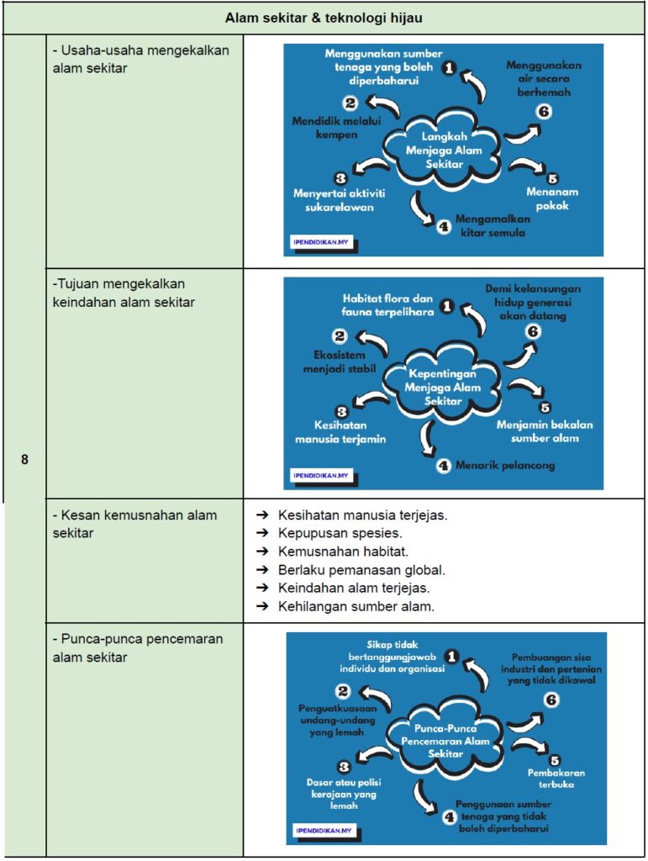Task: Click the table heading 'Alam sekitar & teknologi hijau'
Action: [x=324, y=18]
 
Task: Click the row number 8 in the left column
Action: [x=24, y=459]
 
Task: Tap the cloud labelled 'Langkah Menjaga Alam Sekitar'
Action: [x=443, y=150]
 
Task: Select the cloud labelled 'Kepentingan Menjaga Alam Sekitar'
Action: [x=442, y=387]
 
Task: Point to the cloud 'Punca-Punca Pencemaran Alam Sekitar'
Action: [x=445, y=740]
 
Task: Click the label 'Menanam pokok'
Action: [x=552, y=198]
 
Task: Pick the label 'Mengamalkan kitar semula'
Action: [x=493, y=225]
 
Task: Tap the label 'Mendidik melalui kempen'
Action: [x=336, y=128]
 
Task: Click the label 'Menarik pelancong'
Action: [x=505, y=466]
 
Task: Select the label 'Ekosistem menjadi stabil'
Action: [x=339, y=362]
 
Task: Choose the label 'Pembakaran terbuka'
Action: [x=556, y=779]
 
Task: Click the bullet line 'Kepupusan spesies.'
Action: [x=340, y=533]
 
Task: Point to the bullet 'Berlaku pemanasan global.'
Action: [x=361, y=570]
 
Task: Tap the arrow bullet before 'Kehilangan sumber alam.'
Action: [x=263, y=606]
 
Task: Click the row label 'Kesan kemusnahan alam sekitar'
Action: [x=134, y=524]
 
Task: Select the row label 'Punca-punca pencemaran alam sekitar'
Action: [x=138, y=648]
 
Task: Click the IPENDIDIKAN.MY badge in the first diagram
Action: [x=321, y=241]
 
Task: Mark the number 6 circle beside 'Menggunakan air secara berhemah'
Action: [x=543, y=112]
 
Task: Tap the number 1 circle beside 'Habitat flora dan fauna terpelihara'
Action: [x=448, y=306]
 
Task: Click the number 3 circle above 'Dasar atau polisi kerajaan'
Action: [x=344, y=767]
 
